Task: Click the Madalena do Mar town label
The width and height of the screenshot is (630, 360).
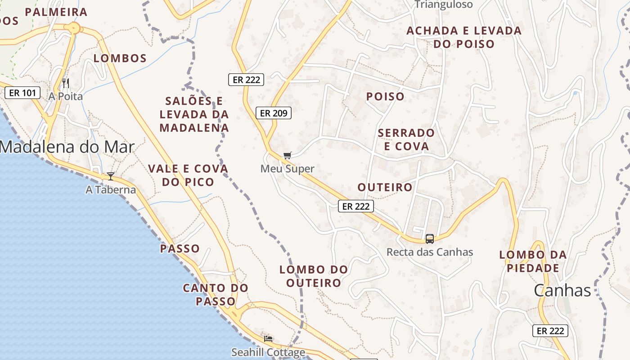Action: click(x=67, y=147)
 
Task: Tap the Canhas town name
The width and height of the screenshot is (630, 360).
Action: click(x=562, y=291)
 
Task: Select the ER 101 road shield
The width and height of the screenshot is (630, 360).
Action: click(x=22, y=93)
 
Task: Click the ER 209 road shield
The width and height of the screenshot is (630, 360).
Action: click(x=274, y=113)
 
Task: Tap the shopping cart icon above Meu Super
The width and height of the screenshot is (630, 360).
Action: click(x=287, y=156)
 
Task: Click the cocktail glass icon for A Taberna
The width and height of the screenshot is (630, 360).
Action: click(x=111, y=176)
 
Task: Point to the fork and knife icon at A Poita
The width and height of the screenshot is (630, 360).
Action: click(x=66, y=83)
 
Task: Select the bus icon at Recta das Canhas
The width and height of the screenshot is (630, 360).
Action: click(x=430, y=239)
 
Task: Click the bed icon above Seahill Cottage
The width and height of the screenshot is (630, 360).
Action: click(x=268, y=338)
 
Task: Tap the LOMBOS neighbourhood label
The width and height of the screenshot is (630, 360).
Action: click(x=120, y=58)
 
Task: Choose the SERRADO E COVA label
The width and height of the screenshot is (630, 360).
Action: click(x=406, y=139)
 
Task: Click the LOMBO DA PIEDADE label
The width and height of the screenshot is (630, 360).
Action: click(x=533, y=261)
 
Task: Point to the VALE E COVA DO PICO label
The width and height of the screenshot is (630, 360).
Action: click(x=188, y=175)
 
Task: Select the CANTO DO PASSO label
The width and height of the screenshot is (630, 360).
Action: click(x=216, y=294)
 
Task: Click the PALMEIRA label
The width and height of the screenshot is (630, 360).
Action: click(x=56, y=12)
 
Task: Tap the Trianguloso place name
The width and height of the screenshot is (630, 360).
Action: click(x=443, y=4)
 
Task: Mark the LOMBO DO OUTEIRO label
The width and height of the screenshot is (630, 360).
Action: click(x=314, y=276)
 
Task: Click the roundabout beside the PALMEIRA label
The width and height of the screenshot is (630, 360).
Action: click(x=74, y=28)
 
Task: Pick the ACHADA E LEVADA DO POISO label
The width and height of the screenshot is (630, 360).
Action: click(x=464, y=37)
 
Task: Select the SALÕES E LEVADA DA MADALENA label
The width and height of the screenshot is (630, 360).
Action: click(x=194, y=114)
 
